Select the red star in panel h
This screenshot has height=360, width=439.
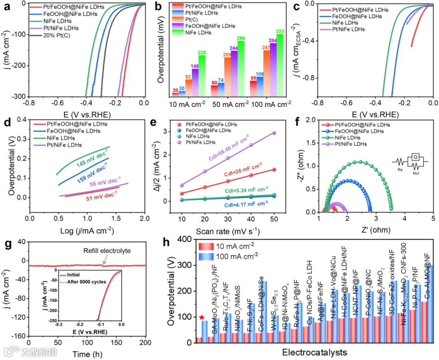pos(202,317)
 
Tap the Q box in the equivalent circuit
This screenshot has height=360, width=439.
pos(415,156)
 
